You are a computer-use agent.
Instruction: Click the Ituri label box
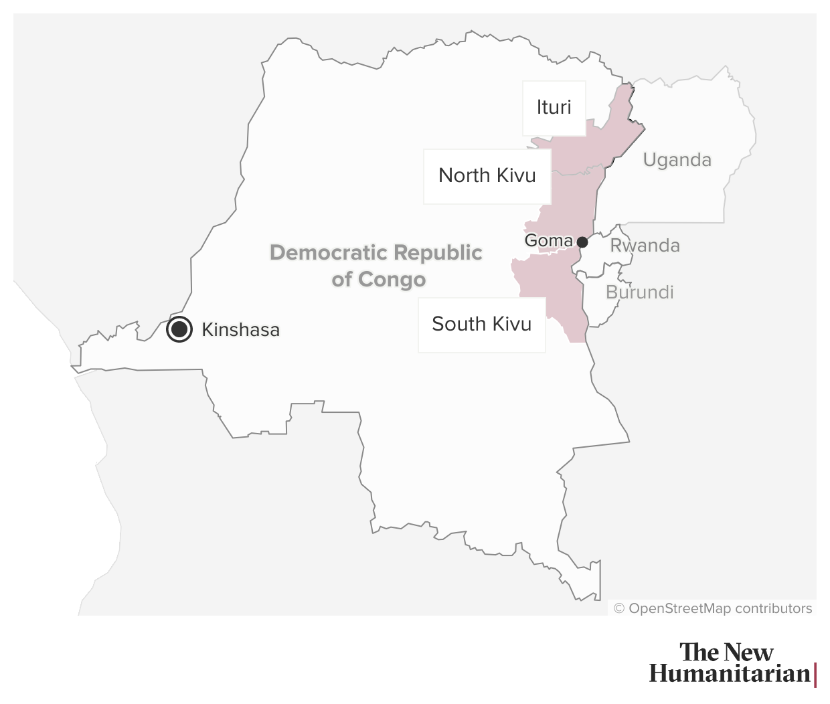click(x=554, y=108)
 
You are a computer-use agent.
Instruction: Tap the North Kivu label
click(x=487, y=175)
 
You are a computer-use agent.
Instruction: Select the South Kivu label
click(x=481, y=324)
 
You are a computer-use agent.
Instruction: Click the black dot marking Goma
click(x=582, y=242)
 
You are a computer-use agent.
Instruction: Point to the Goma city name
click(x=548, y=240)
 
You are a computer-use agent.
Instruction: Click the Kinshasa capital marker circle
click(x=179, y=329)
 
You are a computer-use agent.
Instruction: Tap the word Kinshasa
click(x=240, y=330)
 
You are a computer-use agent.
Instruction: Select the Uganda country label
click(x=677, y=160)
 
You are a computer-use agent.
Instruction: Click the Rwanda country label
click(x=645, y=246)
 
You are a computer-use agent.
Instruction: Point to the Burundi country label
click(x=639, y=292)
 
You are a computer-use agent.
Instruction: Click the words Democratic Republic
click(x=376, y=253)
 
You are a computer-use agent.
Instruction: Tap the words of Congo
click(x=378, y=279)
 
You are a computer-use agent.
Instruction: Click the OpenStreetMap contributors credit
click(x=720, y=608)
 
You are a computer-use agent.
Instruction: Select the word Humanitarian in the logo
click(x=730, y=673)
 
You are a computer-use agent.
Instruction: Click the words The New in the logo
click(x=726, y=652)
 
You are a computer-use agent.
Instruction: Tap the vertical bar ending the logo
click(x=815, y=675)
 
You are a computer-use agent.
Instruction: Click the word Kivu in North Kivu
click(x=516, y=175)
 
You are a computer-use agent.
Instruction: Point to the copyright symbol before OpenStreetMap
click(x=619, y=608)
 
